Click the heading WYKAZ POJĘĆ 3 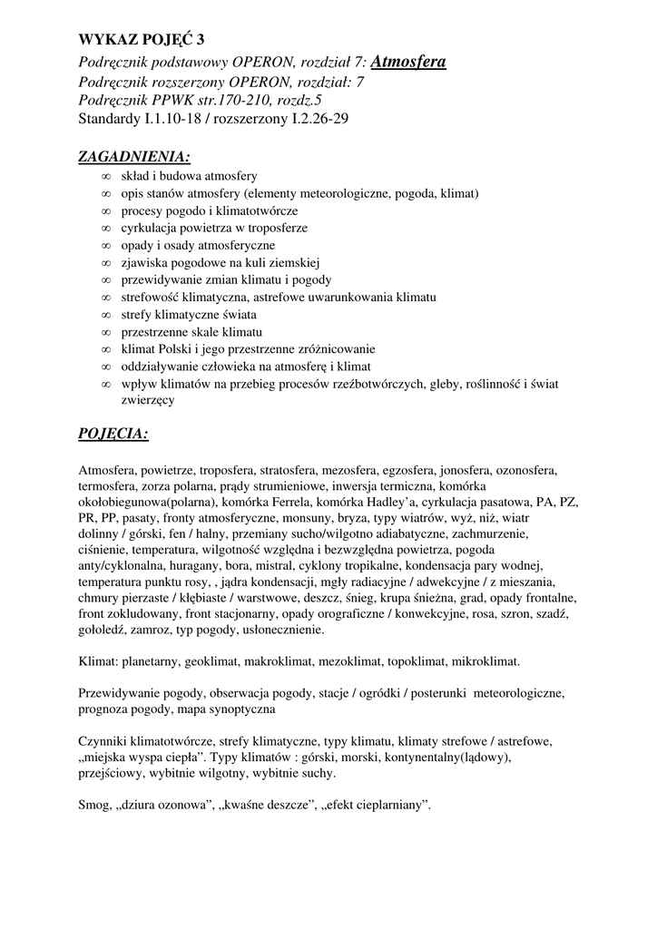[142, 39]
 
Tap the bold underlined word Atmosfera [408, 62]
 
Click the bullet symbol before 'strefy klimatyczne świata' [106, 314]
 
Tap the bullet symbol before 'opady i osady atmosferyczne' [106, 245]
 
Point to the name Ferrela [292, 502]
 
